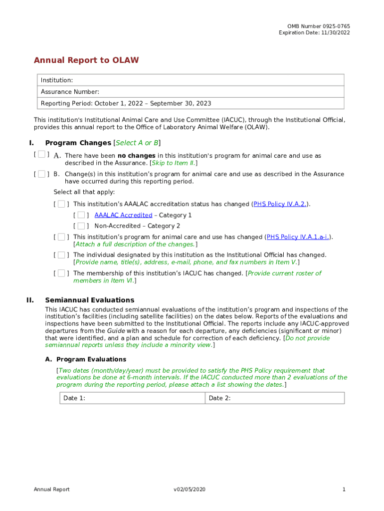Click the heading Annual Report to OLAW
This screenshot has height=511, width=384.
point(86,60)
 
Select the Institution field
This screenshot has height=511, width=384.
point(192,80)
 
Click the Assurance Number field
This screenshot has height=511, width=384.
point(192,92)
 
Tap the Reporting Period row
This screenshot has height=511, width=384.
point(192,103)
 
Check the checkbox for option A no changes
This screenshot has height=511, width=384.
point(42,155)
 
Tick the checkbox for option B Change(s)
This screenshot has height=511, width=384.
point(42,174)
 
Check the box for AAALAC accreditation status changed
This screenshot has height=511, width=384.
point(61,204)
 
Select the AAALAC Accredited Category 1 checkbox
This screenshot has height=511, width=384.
point(81,215)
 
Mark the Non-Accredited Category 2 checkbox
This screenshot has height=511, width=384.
point(81,226)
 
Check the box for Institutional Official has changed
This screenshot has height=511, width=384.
point(61,255)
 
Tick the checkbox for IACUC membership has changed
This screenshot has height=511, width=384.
point(61,273)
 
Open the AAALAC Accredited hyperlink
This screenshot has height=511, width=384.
point(123,215)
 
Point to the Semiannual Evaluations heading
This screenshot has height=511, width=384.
point(90,300)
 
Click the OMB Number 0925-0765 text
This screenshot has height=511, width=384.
point(318,26)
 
